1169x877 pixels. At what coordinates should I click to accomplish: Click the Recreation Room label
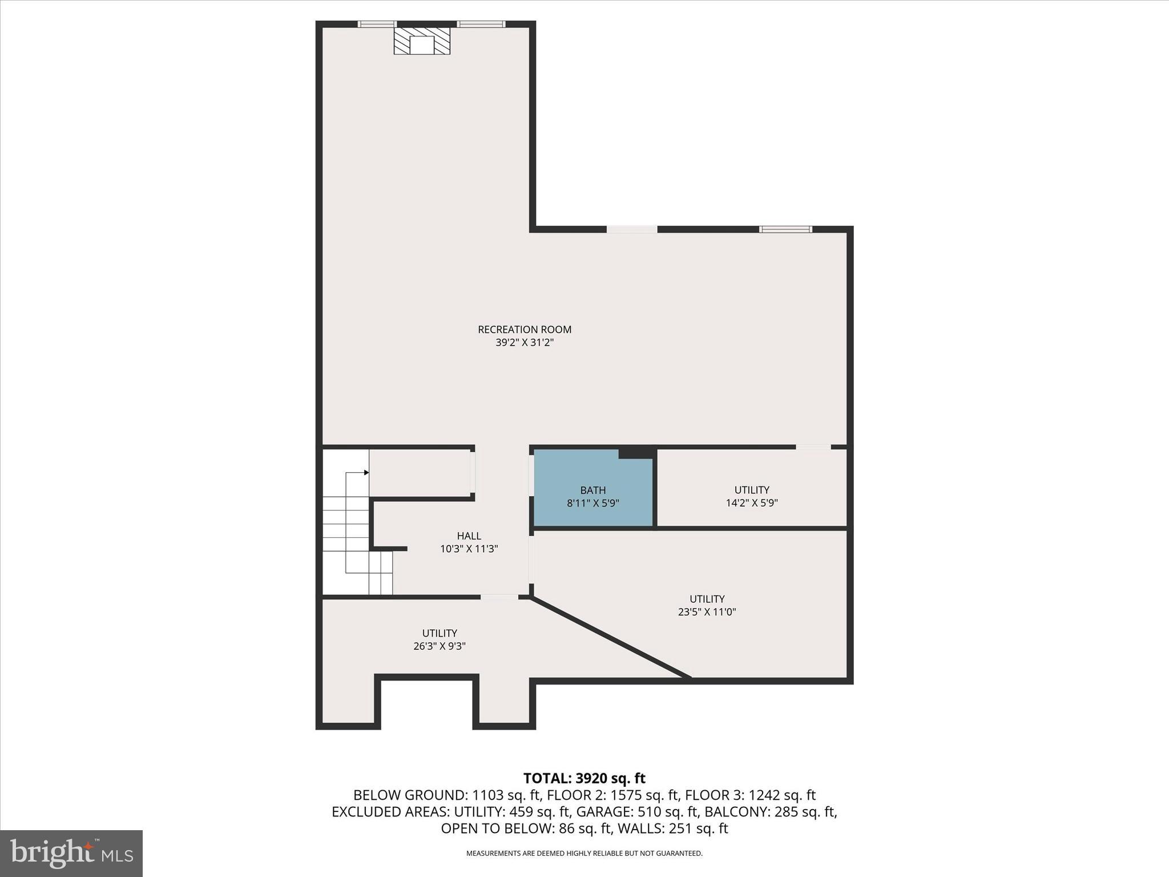(x=524, y=329)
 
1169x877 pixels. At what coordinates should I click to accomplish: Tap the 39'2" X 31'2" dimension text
(x=524, y=343)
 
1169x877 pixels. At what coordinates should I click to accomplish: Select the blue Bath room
(x=593, y=496)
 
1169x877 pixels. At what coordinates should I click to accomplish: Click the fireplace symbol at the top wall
(x=422, y=42)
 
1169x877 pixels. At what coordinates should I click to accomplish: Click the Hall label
(x=469, y=536)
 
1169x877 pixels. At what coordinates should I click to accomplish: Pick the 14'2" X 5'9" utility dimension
(x=751, y=503)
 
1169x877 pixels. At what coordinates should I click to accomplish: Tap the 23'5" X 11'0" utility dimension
(x=707, y=612)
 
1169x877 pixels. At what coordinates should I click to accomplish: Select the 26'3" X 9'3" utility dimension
(x=440, y=646)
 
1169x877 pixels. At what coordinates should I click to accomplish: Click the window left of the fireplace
(x=377, y=24)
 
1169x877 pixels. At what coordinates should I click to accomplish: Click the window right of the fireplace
(x=481, y=24)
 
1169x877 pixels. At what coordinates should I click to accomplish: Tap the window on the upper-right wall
(x=785, y=230)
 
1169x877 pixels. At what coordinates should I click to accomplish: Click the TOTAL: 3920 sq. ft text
(x=584, y=778)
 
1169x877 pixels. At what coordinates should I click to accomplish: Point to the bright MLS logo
(x=71, y=853)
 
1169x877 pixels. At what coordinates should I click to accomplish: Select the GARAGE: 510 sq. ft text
(x=638, y=811)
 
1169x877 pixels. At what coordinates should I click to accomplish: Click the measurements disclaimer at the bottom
(x=584, y=854)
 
